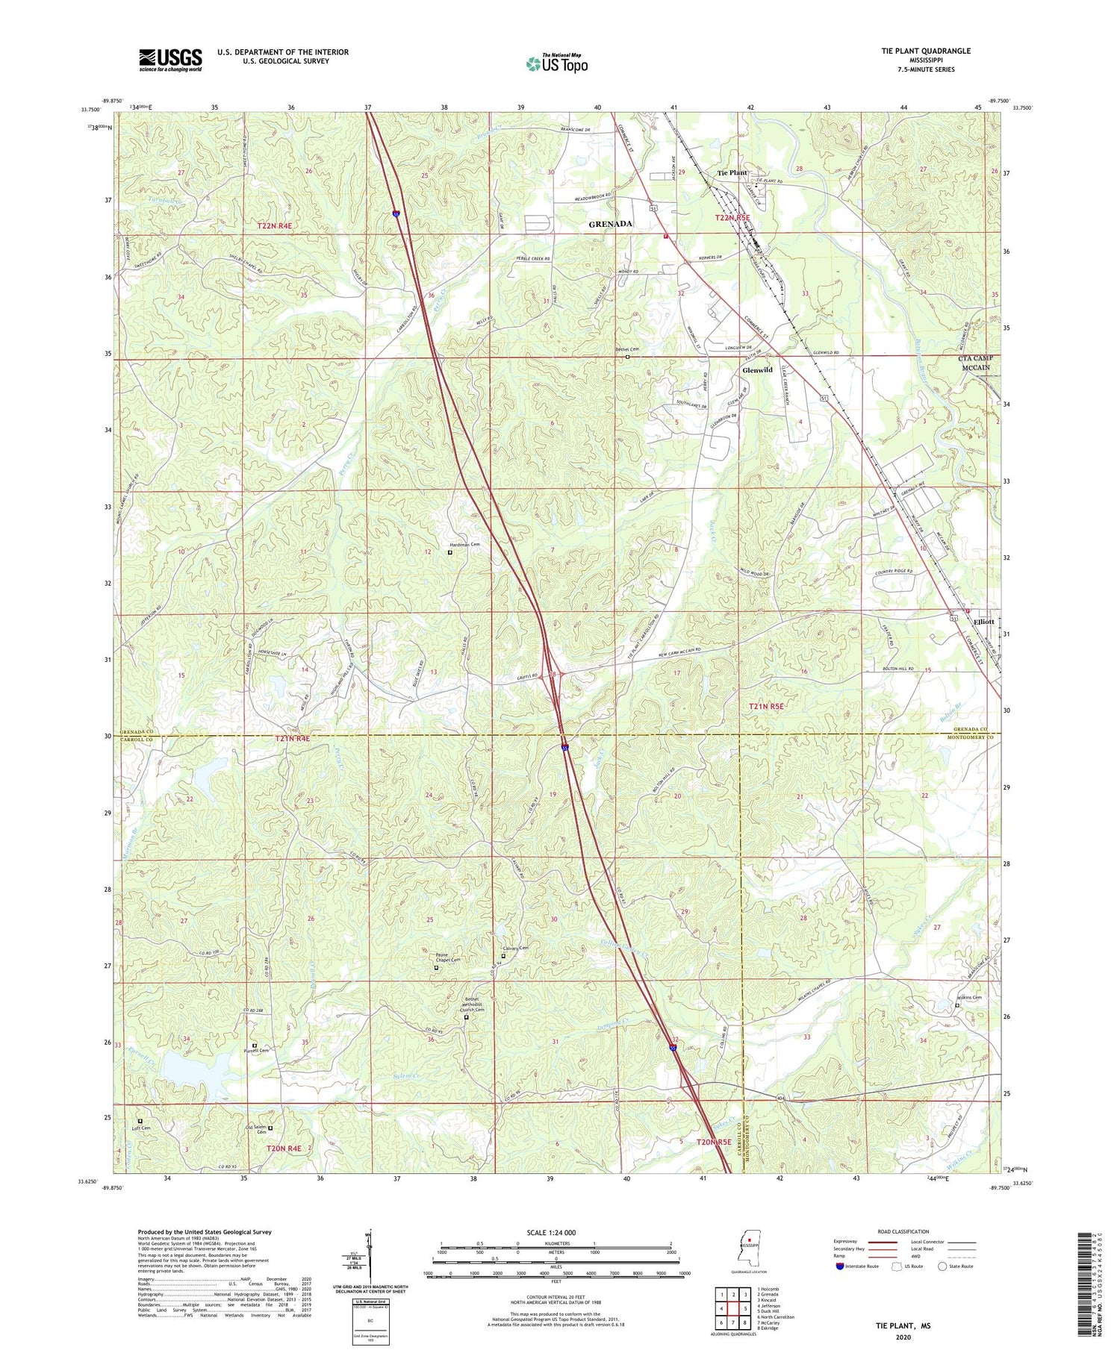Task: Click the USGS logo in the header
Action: click(170, 60)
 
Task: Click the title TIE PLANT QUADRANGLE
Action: click(915, 51)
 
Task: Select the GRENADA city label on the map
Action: click(610, 224)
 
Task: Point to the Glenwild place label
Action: click(756, 370)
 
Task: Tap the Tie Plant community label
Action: click(731, 173)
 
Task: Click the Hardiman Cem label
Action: click(464, 545)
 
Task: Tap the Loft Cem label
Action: click(140, 1128)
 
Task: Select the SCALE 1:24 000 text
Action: click(555, 1232)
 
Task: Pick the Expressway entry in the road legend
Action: click(848, 1242)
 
